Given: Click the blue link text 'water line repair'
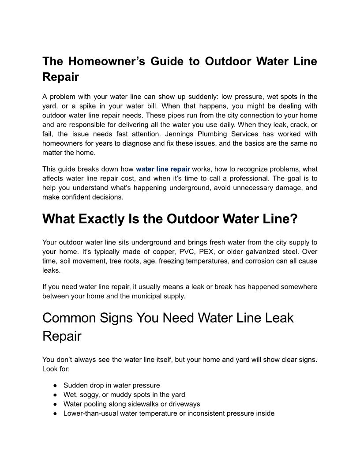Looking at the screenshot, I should (x=163, y=169).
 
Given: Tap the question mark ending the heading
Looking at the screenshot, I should (x=293, y=219).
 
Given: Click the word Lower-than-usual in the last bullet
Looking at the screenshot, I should (x=90, y=413).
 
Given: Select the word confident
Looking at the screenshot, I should (x=75, y=197).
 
